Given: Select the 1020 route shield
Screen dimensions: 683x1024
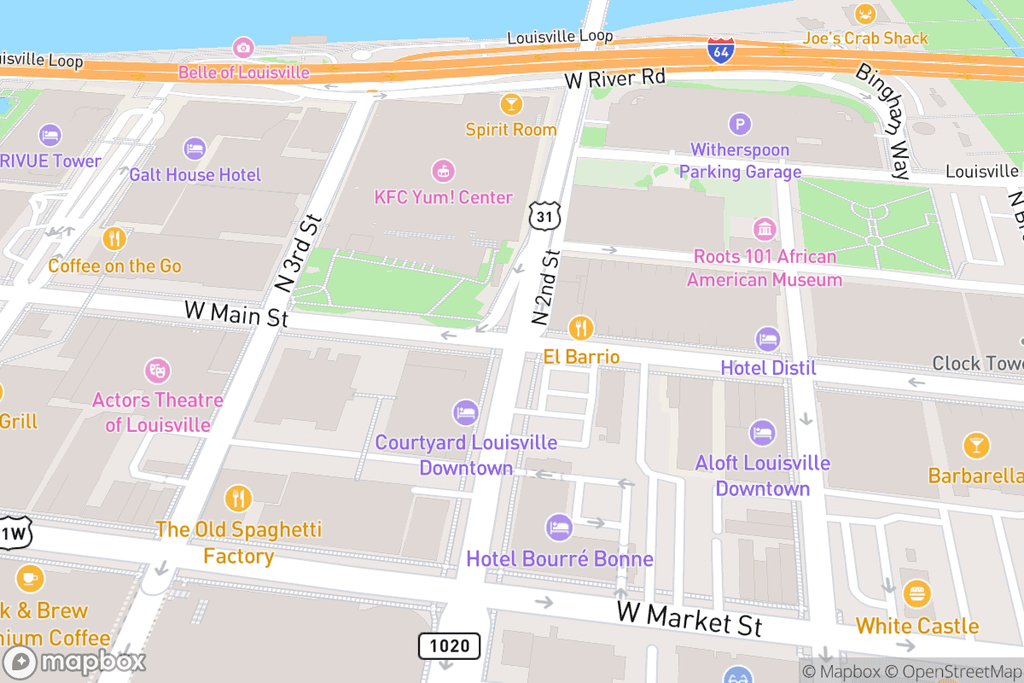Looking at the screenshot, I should coord(449,645).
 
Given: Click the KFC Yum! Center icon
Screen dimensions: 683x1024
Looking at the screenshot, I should coord(443,171).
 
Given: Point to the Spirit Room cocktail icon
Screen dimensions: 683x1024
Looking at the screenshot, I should coord(511,104).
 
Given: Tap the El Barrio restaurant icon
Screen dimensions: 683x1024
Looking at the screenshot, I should coord(581,327).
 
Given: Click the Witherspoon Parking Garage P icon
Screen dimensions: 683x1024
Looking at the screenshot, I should coord(740,125).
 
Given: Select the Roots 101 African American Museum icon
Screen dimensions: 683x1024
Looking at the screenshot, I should coord(765,229).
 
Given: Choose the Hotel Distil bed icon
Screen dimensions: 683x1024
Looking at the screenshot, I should coord(768,339).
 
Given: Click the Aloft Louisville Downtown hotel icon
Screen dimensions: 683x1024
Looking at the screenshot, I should coord(762,433).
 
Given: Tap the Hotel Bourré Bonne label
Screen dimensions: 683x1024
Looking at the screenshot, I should coord(560,559).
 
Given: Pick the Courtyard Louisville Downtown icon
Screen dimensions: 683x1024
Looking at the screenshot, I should coord(466,413).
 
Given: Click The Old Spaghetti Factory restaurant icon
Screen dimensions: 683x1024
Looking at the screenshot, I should coord(238,499).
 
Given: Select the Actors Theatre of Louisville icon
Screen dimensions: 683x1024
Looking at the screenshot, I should coord(158,371).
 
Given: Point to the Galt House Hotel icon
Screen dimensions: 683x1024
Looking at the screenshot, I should coord(195,149).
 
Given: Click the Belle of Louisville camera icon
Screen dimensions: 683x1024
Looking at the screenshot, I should coord(243,47).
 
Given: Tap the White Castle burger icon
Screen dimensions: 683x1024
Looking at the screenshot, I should coord(916,593).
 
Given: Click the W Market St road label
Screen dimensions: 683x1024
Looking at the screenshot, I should coord(689,619).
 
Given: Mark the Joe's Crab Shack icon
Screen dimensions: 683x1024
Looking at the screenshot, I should coord(865,14).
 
